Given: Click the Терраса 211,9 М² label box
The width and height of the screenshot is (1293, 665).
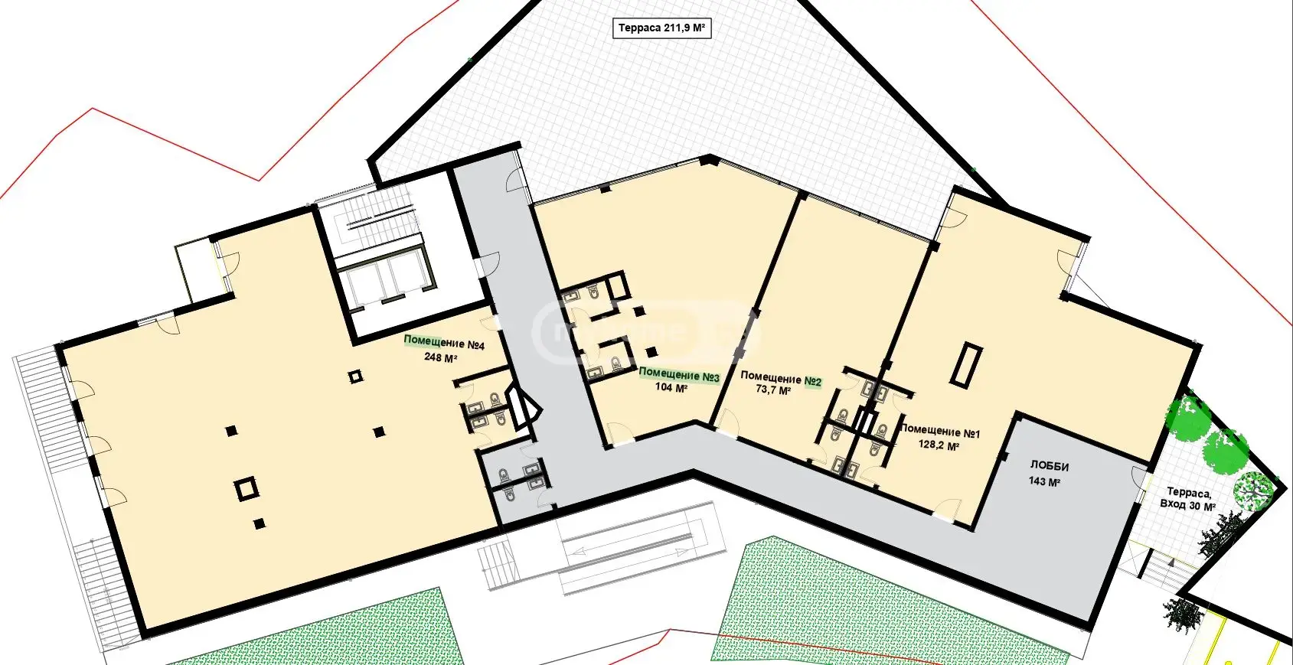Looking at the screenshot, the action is (661, 28).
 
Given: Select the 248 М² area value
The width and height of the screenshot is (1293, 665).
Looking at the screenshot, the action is (440, 357).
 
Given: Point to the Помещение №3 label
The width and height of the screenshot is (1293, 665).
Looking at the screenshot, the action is (679, 375).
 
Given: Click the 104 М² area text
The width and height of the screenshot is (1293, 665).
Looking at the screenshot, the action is (671, 387).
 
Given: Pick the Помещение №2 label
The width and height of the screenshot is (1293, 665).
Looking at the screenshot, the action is (781, 379).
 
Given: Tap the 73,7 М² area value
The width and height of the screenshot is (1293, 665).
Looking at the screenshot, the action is (773, 390).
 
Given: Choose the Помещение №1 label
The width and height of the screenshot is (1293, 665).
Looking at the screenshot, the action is (940, 431).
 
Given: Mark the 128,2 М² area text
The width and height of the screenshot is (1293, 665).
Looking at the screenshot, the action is (939, 445).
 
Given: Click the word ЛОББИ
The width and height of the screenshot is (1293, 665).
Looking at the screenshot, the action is (1050, 467).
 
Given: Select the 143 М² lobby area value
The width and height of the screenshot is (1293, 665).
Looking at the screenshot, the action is (1044, 481).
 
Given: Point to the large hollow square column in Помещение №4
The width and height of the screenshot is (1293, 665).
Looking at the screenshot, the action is (246, 489).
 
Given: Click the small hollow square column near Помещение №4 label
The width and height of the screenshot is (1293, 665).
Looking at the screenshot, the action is (355, 377).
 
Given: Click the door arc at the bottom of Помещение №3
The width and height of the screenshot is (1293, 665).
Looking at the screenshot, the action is (619, 432).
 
